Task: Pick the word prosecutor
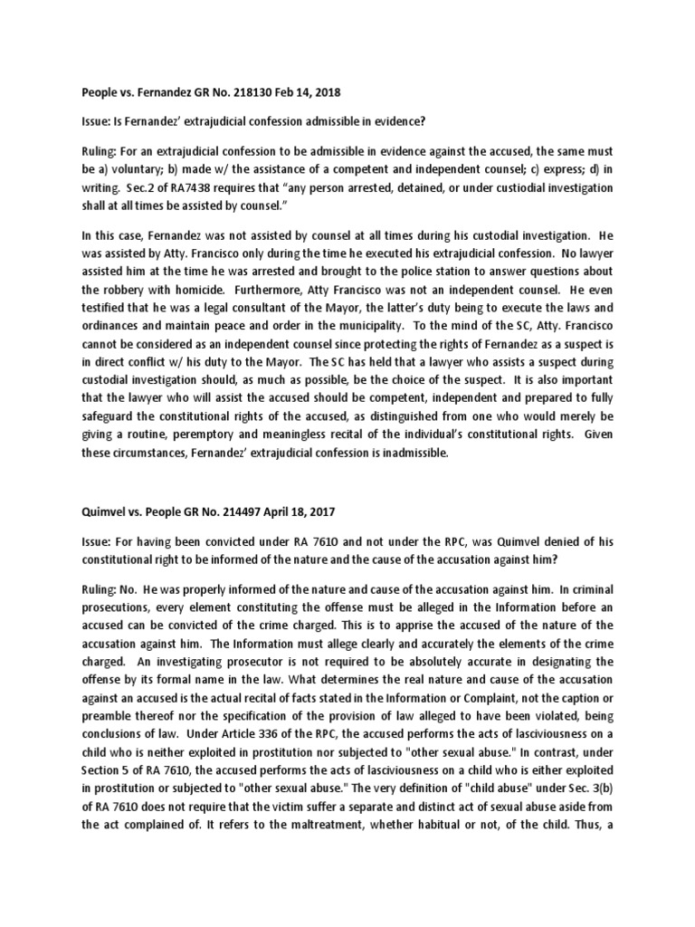pyautogui.click(x=214, y=661)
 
